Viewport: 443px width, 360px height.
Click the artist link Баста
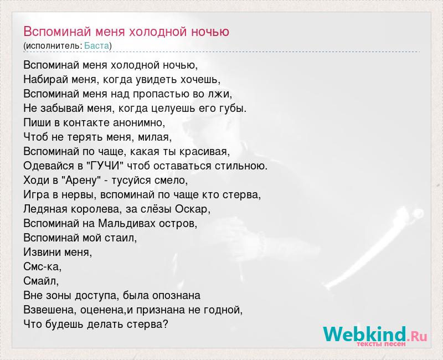point(96,45)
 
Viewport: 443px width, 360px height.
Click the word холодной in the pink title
point(158,32)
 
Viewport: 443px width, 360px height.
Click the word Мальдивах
point(127,223)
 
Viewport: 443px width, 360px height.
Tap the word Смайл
point(41,281)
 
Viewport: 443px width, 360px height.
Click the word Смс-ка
point(43,266)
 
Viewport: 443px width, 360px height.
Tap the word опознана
point(176,296)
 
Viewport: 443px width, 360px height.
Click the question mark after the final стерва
point(166,324)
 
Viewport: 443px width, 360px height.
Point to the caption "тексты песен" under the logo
point(381,344)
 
